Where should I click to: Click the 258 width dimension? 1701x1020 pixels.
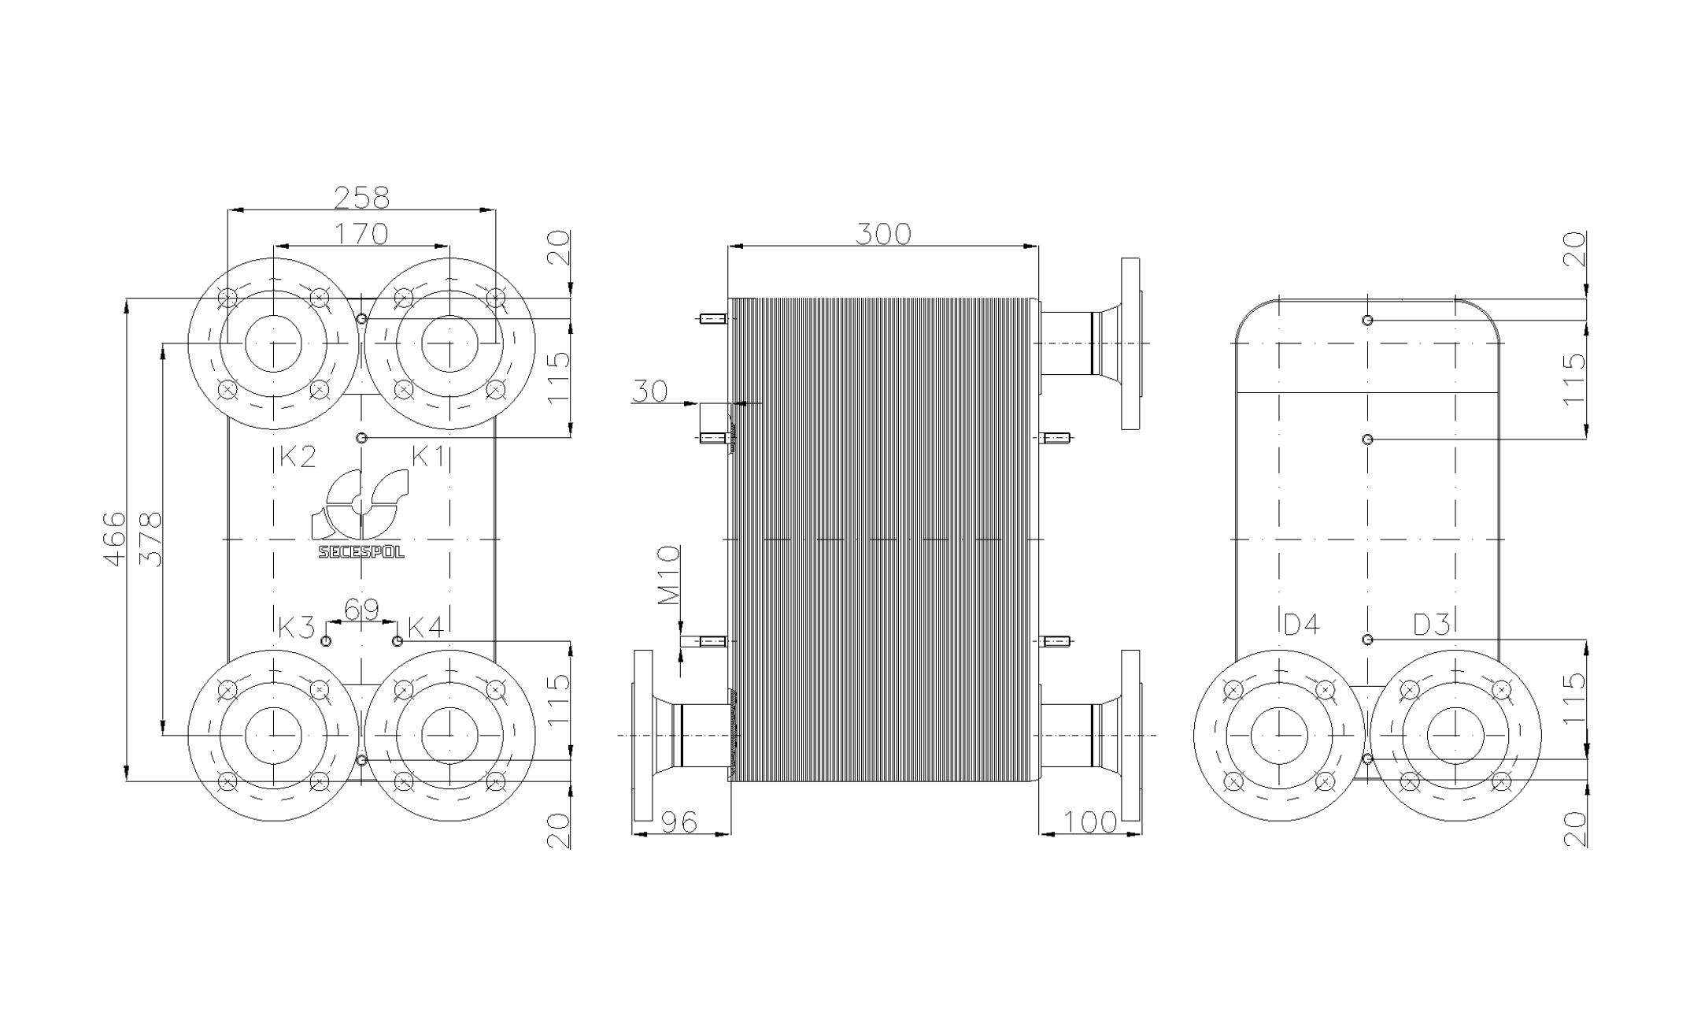pyautogui.click(x=361, y=197)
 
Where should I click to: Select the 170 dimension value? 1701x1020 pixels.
pyautogui.click(x=361, y=234)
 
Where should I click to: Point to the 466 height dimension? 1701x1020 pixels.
pyautogui.click(x=115, y=539)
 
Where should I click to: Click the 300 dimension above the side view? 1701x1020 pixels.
pyautogui.click(x=883, y=234)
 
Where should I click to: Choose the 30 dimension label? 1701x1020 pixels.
pyautogui.click(x=649, y=391)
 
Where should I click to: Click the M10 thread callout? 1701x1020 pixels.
pyautogui.click(x=668, y=575)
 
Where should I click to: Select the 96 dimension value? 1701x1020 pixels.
pyautogui.click(x=679, y=822)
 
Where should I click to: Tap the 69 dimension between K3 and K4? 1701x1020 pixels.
pyautogui.click(x=361, y=610)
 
